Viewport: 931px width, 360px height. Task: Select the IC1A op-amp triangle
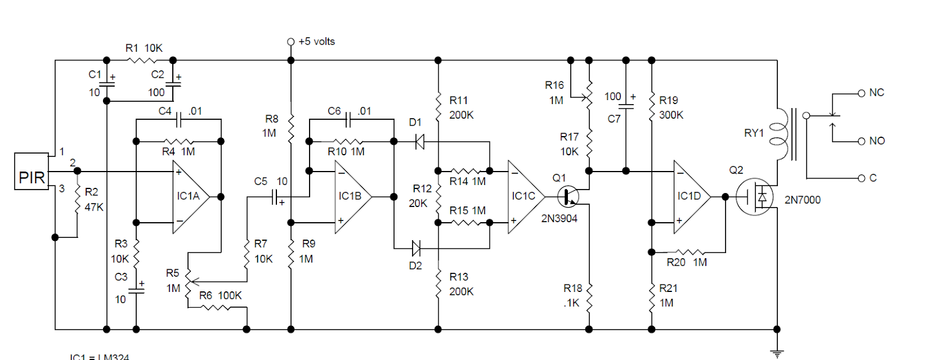[189, 197]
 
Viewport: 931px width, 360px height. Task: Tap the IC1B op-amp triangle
[351, 197]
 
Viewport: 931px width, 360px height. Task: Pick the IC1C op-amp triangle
[523, 197]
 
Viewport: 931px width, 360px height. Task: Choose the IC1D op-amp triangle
[690, 197]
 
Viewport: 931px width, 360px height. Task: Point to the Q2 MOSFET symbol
[755, 197]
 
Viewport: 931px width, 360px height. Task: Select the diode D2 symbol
[415, 248]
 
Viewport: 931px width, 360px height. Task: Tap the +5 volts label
[316, 41]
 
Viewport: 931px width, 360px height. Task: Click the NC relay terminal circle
[862, 93]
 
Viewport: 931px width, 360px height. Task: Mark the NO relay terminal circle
[862, 141]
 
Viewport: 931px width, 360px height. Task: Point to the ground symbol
[777, 351]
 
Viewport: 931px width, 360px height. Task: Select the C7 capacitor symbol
[626, 106]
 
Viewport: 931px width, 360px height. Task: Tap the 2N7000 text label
[802, 200]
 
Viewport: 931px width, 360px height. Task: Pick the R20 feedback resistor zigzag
[690, 252]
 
